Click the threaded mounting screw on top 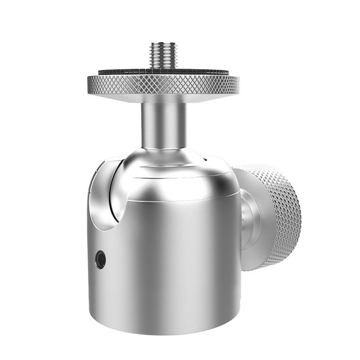point(163,57)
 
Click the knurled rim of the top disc point(163,85)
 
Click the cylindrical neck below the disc point(163,124)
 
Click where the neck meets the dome point(163,148)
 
